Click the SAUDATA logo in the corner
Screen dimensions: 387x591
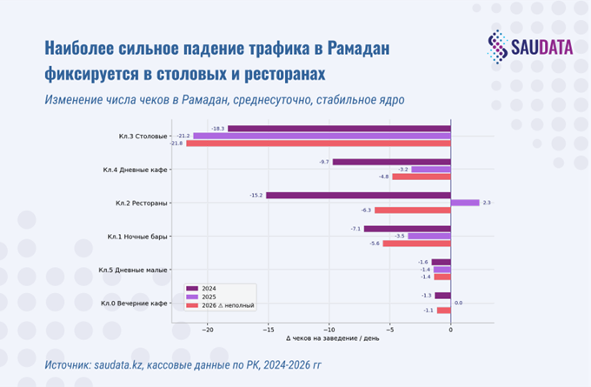529,45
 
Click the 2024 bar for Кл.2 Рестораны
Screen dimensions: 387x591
358,195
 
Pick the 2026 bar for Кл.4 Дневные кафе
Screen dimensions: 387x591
422,177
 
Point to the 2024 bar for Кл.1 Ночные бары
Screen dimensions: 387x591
408,229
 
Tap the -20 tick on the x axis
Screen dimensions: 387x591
208,329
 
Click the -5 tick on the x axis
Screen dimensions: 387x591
390,329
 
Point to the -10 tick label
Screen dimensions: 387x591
329,329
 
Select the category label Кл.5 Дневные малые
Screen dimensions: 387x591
134,270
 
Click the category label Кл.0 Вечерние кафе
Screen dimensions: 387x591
134,303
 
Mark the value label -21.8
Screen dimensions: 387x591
177,143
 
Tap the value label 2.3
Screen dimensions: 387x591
487,203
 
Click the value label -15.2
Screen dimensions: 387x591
256,195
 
